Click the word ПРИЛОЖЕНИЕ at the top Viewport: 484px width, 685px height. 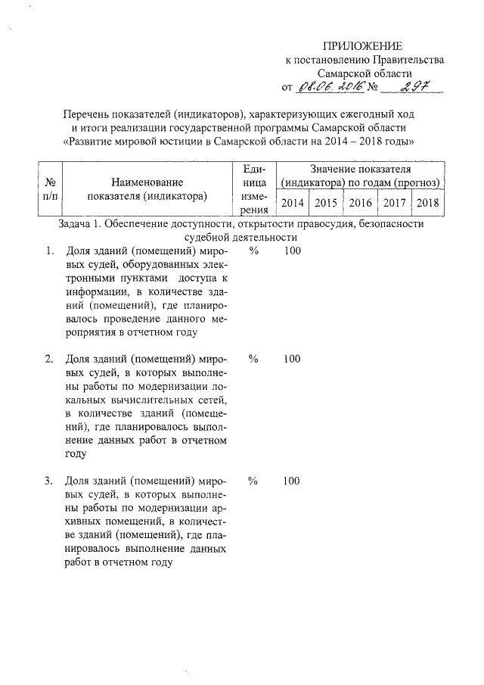[364, 45]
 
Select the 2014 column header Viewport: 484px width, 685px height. [292, 202]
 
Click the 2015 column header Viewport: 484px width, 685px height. [325, 202]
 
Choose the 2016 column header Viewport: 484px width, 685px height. [360, 202]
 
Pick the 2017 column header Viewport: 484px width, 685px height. [394, 202]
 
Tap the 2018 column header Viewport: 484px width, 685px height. [428, 202]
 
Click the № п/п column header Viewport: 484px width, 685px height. [53, 189]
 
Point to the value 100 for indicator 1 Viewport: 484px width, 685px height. [292, 251]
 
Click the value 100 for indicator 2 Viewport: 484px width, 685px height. [292, 359]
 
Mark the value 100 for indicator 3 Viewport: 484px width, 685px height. [292, 481]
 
